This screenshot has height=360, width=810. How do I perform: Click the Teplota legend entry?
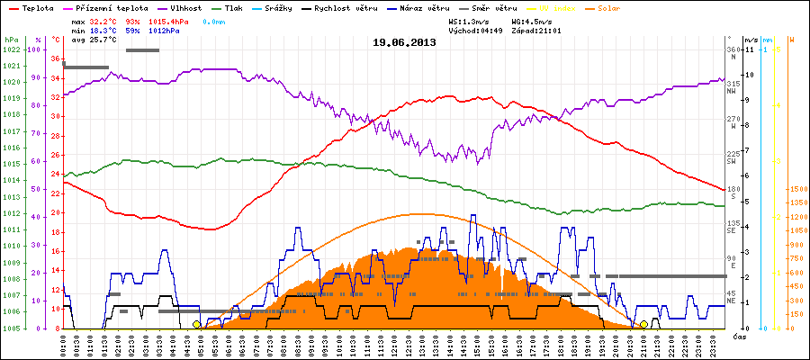(x=31, y=7)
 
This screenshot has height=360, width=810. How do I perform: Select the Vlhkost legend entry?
(x=184, y=7)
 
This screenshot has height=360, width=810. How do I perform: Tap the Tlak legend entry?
(x=235, y=7)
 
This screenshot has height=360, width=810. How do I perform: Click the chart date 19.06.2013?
(x=406, y=41)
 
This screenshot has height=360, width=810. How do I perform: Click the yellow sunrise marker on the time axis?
(x=197, y=324)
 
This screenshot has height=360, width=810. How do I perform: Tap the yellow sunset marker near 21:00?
(x=643, y=324)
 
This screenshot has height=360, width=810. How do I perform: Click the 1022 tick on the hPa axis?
(x=10, y=49)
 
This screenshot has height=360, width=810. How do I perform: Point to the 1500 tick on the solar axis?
(x=796, y=189)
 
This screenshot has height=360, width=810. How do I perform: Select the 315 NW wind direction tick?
(x=733, y=84)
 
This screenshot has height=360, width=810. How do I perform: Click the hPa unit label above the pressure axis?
(x=10, y=40)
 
